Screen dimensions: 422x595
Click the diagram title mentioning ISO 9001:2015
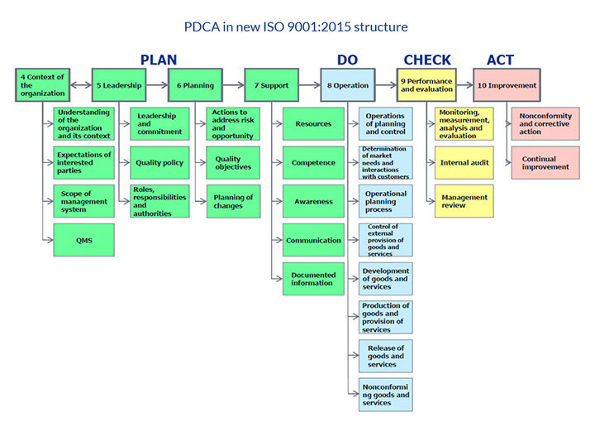click(297, 27)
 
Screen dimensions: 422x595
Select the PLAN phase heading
click(158, 60)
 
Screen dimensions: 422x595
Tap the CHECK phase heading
click(426, 60)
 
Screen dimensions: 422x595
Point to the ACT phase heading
click(500, 60)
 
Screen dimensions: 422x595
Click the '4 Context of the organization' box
click(40, 84)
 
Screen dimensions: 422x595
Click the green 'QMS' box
click(83, 240)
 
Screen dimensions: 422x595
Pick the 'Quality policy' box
click(159, 163)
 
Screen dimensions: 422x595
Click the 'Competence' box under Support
click(313, 163)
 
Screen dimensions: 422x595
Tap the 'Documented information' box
click(313, 279)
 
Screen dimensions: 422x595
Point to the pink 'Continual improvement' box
click(545, 163)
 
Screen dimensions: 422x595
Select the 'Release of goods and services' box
click(386, 356)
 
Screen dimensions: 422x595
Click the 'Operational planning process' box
click(386, 201)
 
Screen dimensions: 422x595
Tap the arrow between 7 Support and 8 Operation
click(310, 84)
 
